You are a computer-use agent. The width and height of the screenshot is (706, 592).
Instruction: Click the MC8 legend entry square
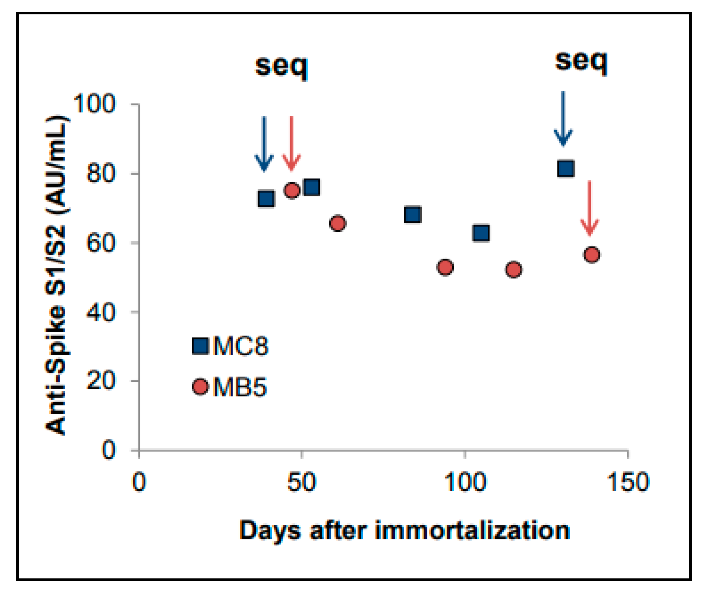pyautogui.click(x=200, y=346)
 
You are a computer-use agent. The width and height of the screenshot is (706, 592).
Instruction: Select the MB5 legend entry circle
pyautogui.click(x=200, y=387)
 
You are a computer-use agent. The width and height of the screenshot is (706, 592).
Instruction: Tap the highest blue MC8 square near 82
pyautogui.click(x=566, y=168)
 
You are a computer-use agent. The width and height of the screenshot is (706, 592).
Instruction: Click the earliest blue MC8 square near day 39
pyautogui.click(x=266, y=199)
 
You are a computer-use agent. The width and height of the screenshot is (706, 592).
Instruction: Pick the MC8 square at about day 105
pyautogui.click(x=481, y=233)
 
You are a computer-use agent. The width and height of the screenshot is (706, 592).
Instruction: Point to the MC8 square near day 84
pyautogui.click(x=413, y=215)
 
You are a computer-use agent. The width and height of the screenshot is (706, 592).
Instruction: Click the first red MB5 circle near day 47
pyautogui.click(x=292, y=190)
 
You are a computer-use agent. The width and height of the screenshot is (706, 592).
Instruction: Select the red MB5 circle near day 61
pyautogui.click(x=338, y=223)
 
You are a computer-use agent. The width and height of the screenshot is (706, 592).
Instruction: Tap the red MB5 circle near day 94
pyautogui.click(x=445, y=267)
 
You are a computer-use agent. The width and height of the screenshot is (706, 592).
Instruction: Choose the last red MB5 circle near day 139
pyautogui.click(x=592, y=255)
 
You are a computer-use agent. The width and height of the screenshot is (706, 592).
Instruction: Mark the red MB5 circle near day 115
pyautogui.click(x=513, y=269)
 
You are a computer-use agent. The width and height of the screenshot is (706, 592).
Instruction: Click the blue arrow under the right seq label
pyautogui.click(x=563, y=119)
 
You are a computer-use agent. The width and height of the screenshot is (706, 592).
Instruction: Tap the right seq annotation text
pyautogui.click(x=581, y=61)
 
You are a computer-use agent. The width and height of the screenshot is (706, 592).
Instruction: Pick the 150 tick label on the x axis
pyautogui.click(x=627, y=483)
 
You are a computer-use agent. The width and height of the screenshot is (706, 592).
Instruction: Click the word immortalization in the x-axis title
pyautogui.click(x=472, y=530)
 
